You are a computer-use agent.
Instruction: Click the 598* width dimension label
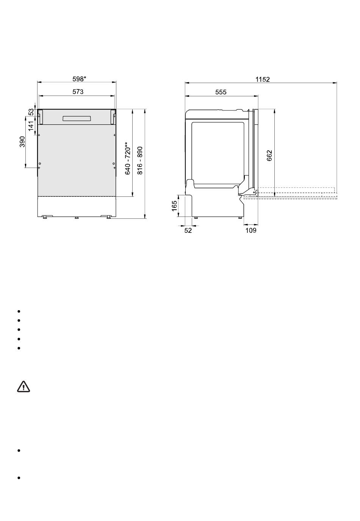click(x=79, y=79)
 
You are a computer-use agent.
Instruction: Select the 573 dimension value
click(x=78, y=92)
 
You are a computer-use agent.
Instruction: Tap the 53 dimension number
click(x=31, y=112)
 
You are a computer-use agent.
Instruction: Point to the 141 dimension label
click(x=31, y=126)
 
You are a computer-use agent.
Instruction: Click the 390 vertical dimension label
click(x=22, y=142)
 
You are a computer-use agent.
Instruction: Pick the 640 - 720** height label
click(x=128, y=158)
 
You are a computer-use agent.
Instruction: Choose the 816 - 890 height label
click(x=140, y=160)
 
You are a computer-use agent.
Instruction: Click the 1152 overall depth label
click(x=263, y=80)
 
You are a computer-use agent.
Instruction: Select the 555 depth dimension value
click(x=221, y=92)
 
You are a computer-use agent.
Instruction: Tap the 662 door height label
click(x=269, y=155)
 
